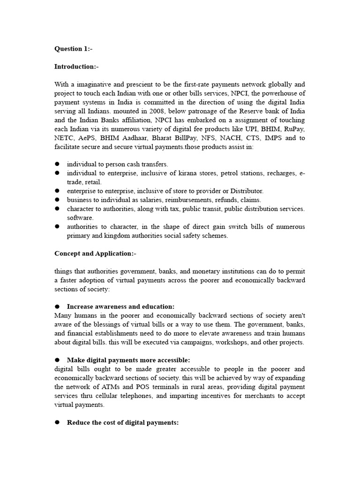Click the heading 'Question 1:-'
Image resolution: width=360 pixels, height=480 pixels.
pyautogui.click(x=73, y=49)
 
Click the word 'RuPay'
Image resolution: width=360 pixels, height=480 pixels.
pyautogui.click(x=294, y=129)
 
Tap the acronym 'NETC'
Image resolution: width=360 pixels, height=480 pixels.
pyautogui.click(x=65, y=138)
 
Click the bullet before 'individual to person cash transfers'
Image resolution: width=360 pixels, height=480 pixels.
pyautogui.click(x=57, y=165)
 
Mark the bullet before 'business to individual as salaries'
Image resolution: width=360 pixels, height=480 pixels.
pyautogui.click(x=57, y=200)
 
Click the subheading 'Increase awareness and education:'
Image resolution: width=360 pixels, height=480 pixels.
pyautogui.click(x=120, y=307)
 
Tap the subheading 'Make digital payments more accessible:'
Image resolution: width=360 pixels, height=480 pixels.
pyautogui.click(x=128, y=360)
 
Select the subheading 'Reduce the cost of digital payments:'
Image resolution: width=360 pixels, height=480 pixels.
pyautogui.click(x=122, y=422)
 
